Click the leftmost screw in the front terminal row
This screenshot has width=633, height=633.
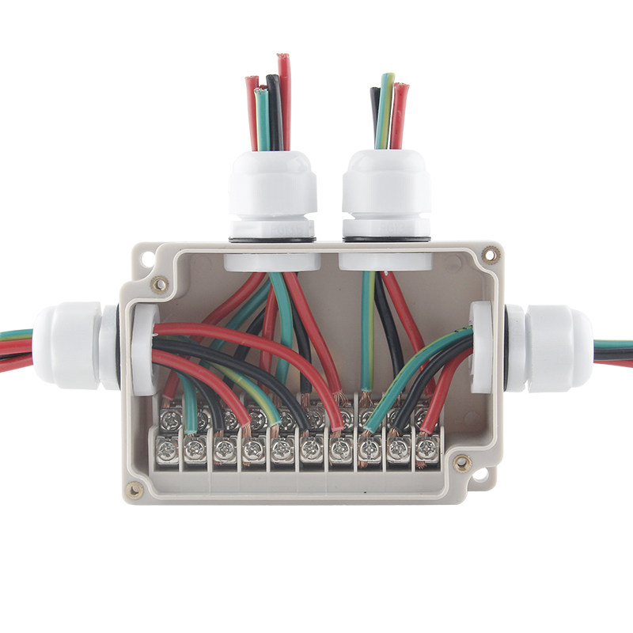(167, 451)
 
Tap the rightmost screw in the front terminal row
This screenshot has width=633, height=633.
(426, 449)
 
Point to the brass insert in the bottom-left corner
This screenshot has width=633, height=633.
(135, 491)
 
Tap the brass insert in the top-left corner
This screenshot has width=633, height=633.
(161, 283)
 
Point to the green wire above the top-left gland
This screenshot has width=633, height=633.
(262, 119)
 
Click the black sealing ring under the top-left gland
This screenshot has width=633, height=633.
(271, 237)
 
